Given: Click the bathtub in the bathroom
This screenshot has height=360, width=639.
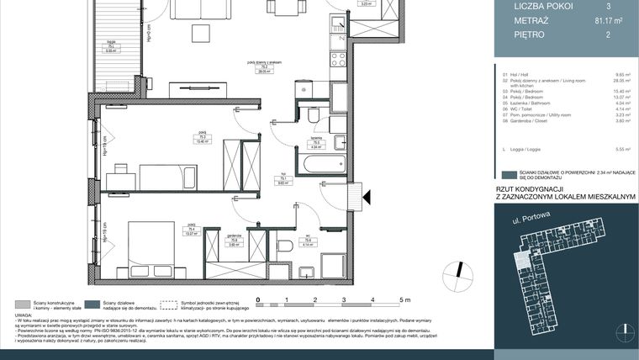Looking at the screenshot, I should point(320,164).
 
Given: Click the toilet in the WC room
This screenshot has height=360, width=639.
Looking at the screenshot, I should point(284,246).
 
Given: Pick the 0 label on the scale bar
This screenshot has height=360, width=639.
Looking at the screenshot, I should point(259,299).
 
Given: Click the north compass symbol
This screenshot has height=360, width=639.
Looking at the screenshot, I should point(457,273).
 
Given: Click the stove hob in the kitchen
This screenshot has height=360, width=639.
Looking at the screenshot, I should point(338,60).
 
